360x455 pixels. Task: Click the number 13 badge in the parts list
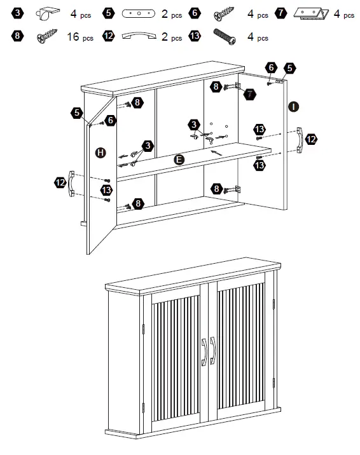tap(195, 36)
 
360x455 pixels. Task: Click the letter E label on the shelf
tap(179, 160)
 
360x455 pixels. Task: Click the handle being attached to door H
tap(73, 182)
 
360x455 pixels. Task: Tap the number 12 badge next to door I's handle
tap(312, 139)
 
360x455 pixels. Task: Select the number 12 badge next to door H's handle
tap(60, 182)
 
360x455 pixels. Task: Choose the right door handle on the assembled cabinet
tap(212, 351)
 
